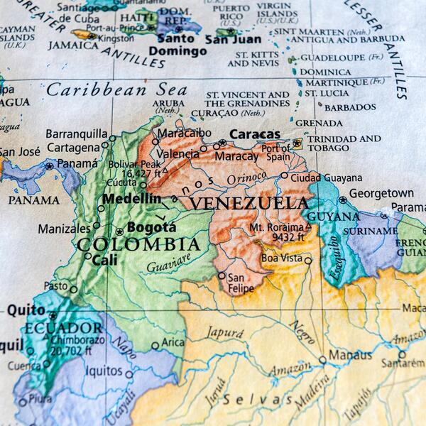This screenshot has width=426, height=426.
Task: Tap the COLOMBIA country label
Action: pyautogui.click(x=138, y=245)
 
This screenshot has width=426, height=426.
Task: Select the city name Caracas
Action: pyautogui.click(x=254, y=134)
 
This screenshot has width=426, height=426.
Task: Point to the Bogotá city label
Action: pyautogui.click(x=151, y=228)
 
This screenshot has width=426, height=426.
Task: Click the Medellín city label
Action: pyautogui.click(x=131, y=199)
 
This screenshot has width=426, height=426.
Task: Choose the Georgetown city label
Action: pyautogui.click(x=381, y=193)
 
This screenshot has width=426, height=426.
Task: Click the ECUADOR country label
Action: pyautogui.click(x=63, y=328)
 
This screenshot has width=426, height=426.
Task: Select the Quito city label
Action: pyautogui.click(x=26, y=310)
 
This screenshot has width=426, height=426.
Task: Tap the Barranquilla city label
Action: pyautogui.click(x=77, y=133)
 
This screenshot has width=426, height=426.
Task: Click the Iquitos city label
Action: pyautogui.click(x=104, y=370)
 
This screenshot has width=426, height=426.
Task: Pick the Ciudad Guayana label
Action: pyautogui.click(x=326, y=177)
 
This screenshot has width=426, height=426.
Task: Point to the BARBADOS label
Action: pyautogui.click(x=350, y=107)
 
